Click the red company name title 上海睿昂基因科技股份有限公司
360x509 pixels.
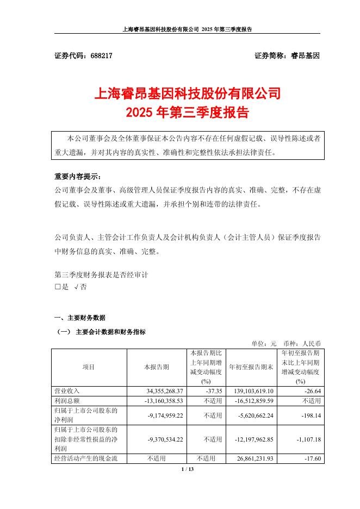tap(188, 94)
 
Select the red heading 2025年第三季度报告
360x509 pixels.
tap(188, 113)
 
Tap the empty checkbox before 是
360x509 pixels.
tap(58, 287)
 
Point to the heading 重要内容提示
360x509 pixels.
tap(78, 177)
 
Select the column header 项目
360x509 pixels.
tap(89, 367)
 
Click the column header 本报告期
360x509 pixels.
tap(157, 367)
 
